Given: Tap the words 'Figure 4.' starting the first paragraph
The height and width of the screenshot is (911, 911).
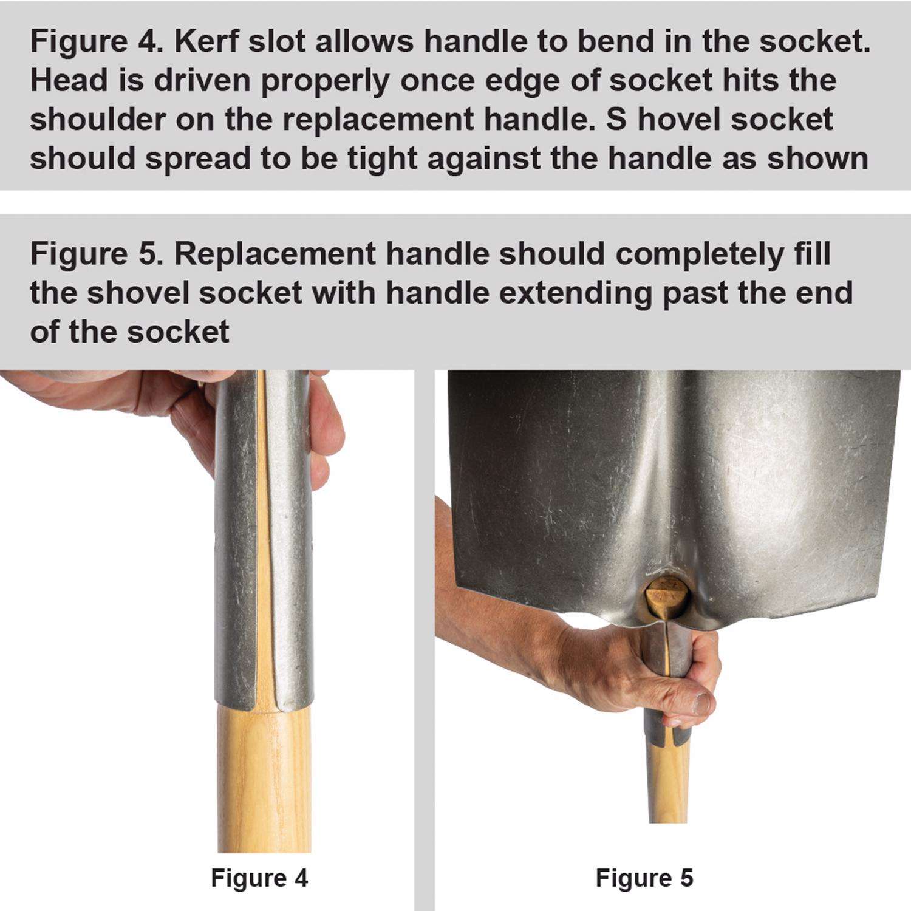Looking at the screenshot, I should pos(97,42).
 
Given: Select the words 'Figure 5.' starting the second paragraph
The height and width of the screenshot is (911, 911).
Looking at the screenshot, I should pos(97,254).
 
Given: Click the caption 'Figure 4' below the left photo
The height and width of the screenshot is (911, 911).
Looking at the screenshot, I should pos(259,878).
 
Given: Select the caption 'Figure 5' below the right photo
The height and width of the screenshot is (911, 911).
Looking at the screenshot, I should pos(644,878).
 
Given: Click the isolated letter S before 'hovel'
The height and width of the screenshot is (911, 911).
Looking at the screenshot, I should pos(616,120).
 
